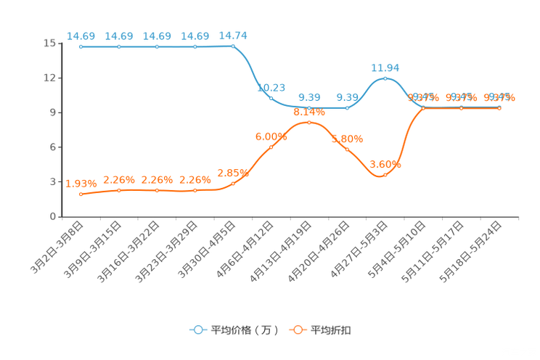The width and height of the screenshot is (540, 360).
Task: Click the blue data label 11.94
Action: [385, 67]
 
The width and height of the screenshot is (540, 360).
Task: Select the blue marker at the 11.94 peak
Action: [385, 78]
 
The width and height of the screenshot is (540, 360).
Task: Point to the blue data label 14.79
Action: [233, 35]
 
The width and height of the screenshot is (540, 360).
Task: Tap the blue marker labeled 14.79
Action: [233, 46]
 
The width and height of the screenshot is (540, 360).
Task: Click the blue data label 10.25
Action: [271, 87]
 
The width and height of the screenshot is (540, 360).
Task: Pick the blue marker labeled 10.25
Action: [271, 97]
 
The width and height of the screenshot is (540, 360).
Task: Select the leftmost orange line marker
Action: [81, 195]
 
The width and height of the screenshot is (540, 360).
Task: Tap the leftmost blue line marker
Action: [81, 46]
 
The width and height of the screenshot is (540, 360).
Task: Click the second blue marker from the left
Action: [119, 46]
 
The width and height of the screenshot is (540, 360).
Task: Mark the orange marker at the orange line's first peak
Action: [309, 123]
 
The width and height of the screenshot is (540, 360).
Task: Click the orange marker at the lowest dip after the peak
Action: [385, 175]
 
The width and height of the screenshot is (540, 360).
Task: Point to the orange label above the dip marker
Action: [385, 164]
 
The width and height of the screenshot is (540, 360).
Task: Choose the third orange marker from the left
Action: [157, 190]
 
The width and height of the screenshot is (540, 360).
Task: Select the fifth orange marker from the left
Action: [233, 184]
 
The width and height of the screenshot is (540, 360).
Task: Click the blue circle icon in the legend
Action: [197, 330]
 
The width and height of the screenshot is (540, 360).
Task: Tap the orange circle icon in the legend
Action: [298, 330]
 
